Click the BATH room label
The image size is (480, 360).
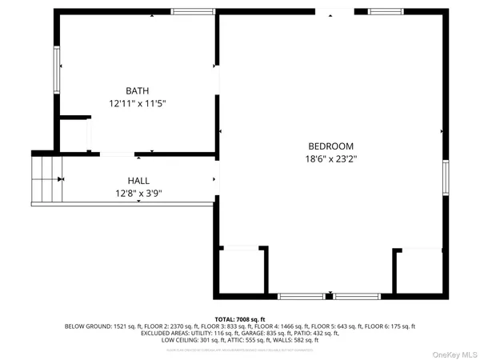[x=137, y=90]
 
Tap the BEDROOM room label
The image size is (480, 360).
[x=331, y=146]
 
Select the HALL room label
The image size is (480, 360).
[x=138, y=181]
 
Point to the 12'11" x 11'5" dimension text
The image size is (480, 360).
[x=137, y=103]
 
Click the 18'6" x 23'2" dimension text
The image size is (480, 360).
[x=331, y=158]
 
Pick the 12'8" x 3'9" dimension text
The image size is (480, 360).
[x=138, y=193]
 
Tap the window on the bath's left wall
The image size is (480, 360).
[x=56, y=70]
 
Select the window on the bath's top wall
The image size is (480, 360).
[x=194, y=11]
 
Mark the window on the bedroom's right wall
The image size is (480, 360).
[x=446, y=178]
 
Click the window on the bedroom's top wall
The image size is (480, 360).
[x=385, y=11]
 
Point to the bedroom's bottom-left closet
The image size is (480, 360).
[x=241, y=270]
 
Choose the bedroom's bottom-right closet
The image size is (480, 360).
[x=419, y=272]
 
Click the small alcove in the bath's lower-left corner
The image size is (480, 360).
[x=73, y=134]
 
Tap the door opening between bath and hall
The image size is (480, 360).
[x=117, y=153]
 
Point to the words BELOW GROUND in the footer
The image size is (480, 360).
[x=83, y=326]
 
